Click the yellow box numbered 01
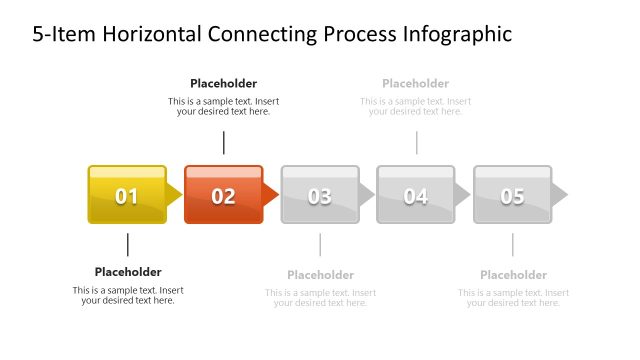click(x=127, y=195)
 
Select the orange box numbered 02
click(x=223, y=195)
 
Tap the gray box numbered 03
click(x=319, y=195)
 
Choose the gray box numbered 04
click(x=416, y=195)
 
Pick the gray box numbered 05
click(x=512, y=195)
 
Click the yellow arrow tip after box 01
click(x=175, y=194)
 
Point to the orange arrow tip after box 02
click(x=271, y=194)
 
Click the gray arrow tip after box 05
click(x=559, y=194)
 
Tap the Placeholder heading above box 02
click(x=223, y=84)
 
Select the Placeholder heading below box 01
click(x=128, y=272)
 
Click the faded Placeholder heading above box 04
click(x=415, y=84)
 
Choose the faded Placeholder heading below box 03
click(x=320, y=275)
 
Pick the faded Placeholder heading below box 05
click(x=513, y=275)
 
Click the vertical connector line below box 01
click(x=128, y=245)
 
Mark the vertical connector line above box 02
click(x=224, y=142)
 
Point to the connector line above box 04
click(x=416, y=142)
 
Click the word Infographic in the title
click(x=457, y=35)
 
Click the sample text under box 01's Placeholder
click(x=128, y=295)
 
